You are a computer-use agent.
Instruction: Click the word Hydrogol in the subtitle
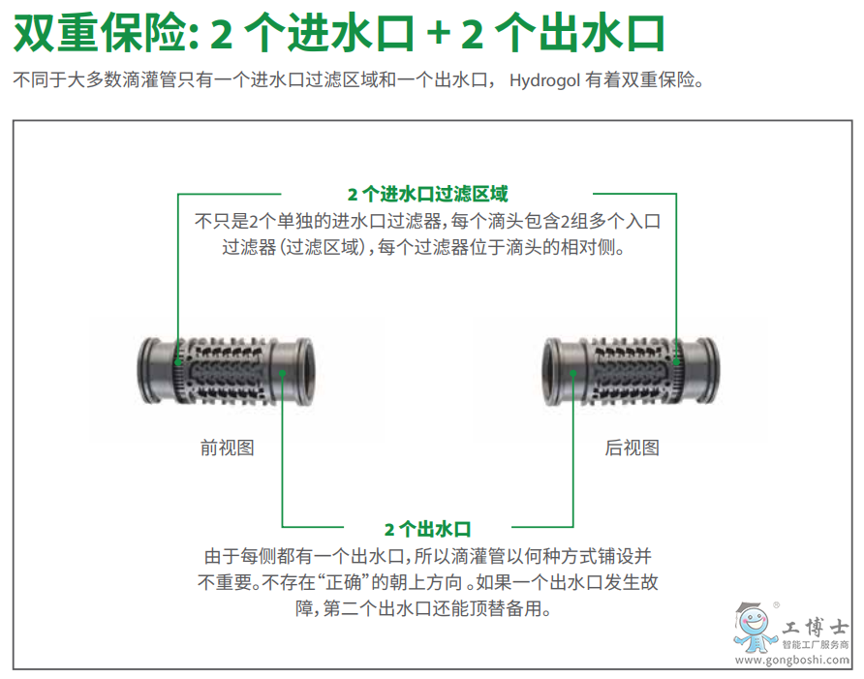click(x=544, y=80)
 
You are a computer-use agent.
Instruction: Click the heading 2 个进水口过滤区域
click(x=427, y=194)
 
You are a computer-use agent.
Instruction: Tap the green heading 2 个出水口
click(x=427, y=529)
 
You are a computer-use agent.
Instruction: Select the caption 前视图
click(x=227, y=448)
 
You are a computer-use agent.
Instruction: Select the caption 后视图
click(x=633, y=448)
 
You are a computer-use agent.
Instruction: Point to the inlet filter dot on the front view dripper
click(x=178, y=362)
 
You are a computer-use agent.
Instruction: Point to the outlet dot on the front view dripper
click(x=282, y=373)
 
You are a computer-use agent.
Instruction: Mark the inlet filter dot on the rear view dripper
click(x=676, y=362)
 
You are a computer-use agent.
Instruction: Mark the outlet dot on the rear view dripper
click(x=573, y=373)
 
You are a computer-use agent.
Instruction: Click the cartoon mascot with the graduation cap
click(x=754, y=628)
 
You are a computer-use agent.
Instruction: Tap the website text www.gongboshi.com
click(x=791, y=661)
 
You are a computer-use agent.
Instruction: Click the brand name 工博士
click(x=815, y=627)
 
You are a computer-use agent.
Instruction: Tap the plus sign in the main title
click(x=439, y=33)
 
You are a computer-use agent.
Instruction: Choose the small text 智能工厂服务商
click(x=816, y=645)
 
